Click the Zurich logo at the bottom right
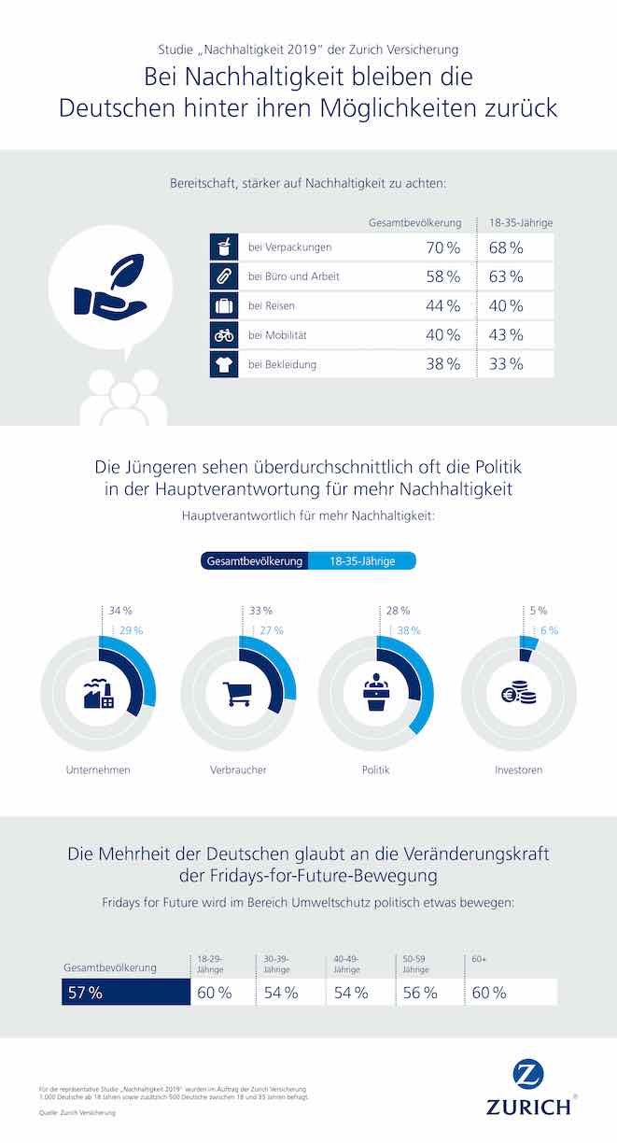click(527, 1088)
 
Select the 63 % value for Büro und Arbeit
click(505, 277)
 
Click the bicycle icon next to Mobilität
click(223, 335)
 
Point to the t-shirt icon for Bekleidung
click(223, 364)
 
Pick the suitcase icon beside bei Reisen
click(223, 306)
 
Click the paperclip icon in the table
click(223, 277)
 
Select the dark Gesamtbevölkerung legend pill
click(252, 561)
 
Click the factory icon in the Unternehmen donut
click(98, 694)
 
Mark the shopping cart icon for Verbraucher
click(237, 694)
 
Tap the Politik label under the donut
click(375, 770)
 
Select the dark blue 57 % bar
click(124, 992)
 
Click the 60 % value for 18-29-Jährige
click(214, 993)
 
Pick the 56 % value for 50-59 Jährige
click(420, 993)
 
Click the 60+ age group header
click(478, 959)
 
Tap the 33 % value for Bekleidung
click(505, 364)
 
